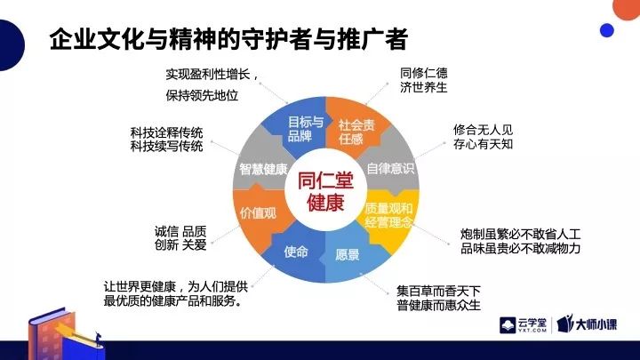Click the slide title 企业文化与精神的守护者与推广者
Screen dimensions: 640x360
pyautogui.click(x=228, y=39)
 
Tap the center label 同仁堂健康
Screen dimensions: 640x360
pyautogui.click(x=325, y=191)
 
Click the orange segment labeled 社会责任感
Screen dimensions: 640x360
pyautogui.click(x=356, y=126)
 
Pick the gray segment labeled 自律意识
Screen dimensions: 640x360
pyautogui.click(x=390, y=167)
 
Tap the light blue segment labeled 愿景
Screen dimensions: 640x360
pyautogui.click(x=351, y=255)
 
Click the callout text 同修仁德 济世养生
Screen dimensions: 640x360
pyautogui.click(x=424, y=80)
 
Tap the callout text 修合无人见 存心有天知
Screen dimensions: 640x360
pyautogui.click(x=483, y=137)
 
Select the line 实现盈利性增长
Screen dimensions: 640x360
pyautogui.click(x=212, y=75)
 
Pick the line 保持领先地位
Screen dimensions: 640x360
pyautogui.click(x=202, y=95)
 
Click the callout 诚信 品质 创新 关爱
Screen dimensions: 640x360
pyautogui.click(x=180, y=238)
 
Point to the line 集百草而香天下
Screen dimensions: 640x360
pyautogui.click(x=438, y=291)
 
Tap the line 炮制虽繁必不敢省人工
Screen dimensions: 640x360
pyautogui.click(x=520, y=235)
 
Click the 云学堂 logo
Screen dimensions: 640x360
pyautogui.click(x=524, y=325)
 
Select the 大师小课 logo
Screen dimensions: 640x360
pyautogui.click(x=588, y=324)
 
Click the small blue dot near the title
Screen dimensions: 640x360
pyautogui.click(x=607, y=30)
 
